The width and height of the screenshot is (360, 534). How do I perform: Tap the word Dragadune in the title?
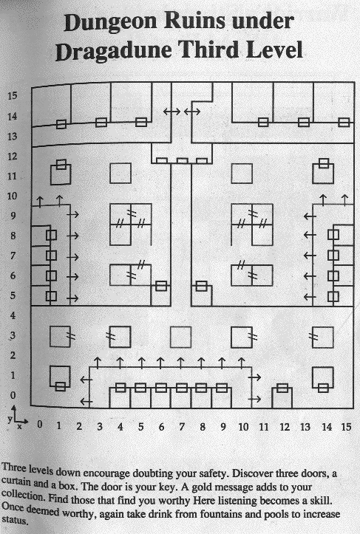coord(114,51)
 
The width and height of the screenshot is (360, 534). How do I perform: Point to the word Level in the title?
coord(274,49)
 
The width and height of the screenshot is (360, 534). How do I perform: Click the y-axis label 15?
coord(13,95)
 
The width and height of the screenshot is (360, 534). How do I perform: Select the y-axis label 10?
coord(12,196)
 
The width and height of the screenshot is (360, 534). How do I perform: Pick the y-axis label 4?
coord(13,315)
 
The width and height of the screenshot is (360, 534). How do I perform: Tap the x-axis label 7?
coord(182,426)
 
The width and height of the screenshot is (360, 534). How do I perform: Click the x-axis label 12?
coord(285,427)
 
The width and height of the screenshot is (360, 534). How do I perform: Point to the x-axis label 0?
coord(40,425)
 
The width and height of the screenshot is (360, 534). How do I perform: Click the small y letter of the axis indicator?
coord(10,420)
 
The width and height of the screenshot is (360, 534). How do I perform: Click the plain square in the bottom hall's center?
coord(180,337)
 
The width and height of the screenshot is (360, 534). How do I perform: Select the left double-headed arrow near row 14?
coord(171,112)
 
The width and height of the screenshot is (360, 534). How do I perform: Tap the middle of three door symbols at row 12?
coord(182,161)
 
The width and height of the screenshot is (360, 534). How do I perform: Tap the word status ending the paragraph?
coord(15,520)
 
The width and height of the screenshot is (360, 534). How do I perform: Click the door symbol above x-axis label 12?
coord(282,388)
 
